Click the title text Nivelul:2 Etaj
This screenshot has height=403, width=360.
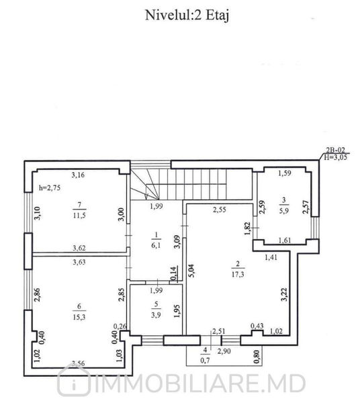tap(187, 15)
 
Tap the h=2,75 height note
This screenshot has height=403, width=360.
tap(50, 188)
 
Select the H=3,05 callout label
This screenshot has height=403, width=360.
tap(335, 157)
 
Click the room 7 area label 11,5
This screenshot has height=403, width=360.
tap(79, 216)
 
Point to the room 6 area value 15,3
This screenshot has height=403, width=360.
tap(79, 317)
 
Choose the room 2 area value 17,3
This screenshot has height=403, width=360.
tap(238, 275)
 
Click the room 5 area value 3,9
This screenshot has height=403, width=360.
tap(156, 315)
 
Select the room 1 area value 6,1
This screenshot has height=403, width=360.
tap(156, 245)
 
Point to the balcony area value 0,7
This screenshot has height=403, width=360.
tap(205, 360)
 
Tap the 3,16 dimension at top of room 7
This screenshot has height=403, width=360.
tap(78, 175)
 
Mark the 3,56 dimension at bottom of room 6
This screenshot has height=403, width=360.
tap(79, 363)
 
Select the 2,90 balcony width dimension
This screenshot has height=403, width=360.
tap(224, 351)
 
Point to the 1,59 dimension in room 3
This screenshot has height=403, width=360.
tap(285, 173)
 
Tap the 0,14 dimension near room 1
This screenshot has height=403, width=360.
tap(174, 273)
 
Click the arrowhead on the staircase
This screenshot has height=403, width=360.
tap(146, 197)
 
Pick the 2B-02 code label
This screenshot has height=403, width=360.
tap(335, 150)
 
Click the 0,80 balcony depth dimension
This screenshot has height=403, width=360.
tap(257, 358)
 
